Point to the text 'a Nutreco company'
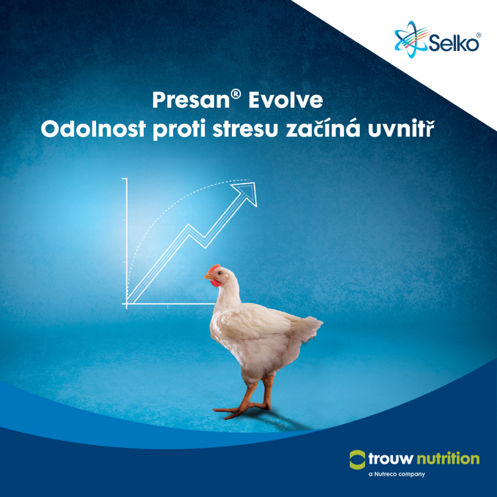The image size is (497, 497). point(390,475)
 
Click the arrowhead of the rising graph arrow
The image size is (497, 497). point(248,190)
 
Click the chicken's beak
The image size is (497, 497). point(207,278)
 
